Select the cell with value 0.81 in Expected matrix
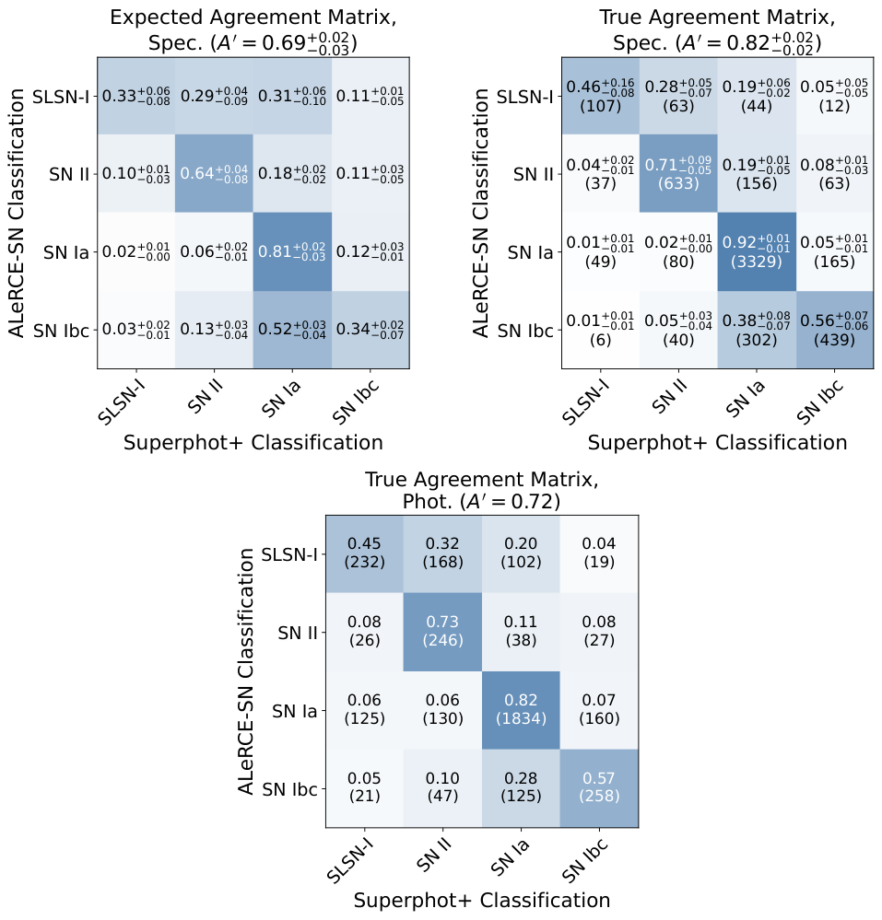292,251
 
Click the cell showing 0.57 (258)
599,787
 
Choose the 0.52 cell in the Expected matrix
292,330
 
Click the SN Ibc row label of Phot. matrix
290,788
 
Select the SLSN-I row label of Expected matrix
61,96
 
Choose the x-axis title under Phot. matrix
481,899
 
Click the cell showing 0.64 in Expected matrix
214,173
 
